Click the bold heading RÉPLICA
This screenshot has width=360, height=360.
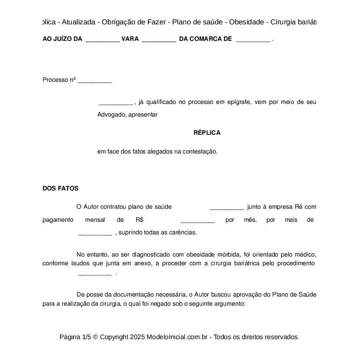tap(207, 133)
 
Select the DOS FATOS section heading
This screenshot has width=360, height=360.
tap(60, 188)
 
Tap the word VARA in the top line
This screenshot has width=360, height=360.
tap(130, 39)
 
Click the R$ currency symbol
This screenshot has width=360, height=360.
tap(140, 220)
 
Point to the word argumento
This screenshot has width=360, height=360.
tap(228, 304)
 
